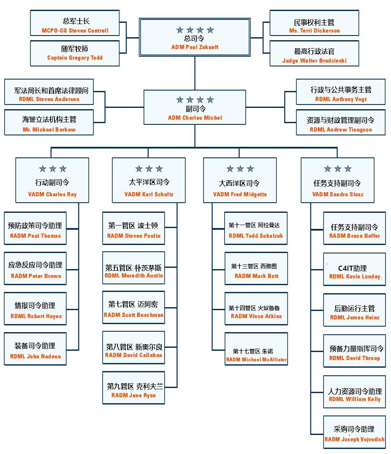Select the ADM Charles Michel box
click(195, 108)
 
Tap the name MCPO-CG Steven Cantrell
click(75, 31)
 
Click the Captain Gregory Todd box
click(75, 53)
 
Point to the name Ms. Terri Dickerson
click(314, 31)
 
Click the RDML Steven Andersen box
click(49, 94)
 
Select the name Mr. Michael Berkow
click(49, 129)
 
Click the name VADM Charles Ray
click(52, 195)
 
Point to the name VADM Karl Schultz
click(149, 195)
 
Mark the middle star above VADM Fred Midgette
click(240, 169)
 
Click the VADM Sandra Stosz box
click(337, 180)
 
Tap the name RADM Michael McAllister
click(256, 360)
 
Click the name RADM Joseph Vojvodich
click(354, 439)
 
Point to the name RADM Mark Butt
click(256, 276)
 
